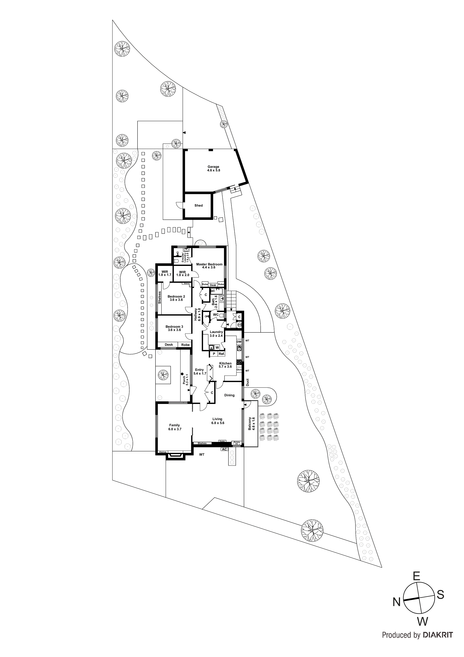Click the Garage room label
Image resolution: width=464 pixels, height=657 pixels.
pos(213,166)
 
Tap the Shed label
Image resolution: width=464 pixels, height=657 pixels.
pos(198,205)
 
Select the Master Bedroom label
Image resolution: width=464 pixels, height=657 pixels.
pos(209,264)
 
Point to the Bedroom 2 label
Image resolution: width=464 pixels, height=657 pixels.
pos(176,296)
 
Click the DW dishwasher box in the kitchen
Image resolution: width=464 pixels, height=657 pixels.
pos(239,342)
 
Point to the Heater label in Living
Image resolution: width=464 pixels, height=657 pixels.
pos(222,441)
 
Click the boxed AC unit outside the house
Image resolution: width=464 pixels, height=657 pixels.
pos(225,449)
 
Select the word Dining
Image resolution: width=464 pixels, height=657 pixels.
pos(229,395)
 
